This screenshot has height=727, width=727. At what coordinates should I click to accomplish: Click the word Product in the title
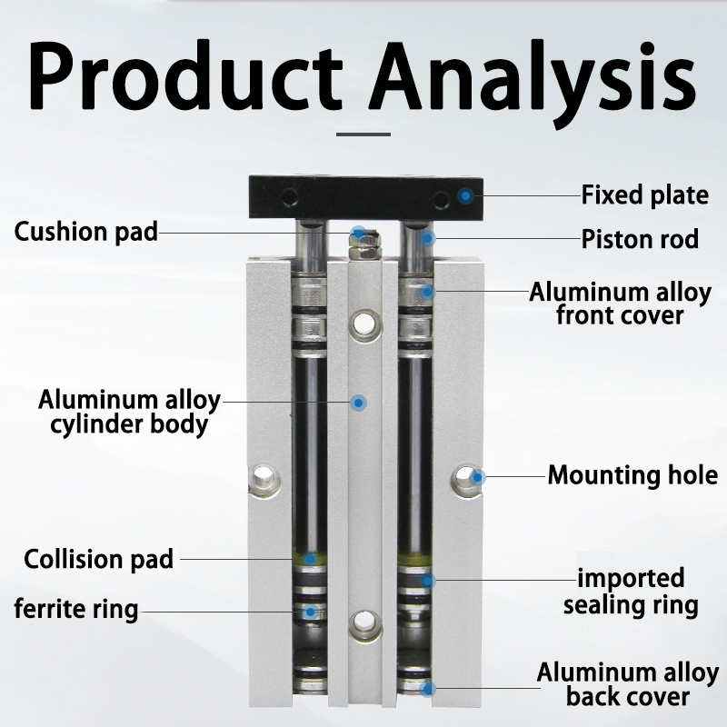tap(186, 75)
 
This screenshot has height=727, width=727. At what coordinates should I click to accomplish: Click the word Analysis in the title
tap(533, 84)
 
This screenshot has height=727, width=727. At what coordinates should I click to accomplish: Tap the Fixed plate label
tap(645, 194)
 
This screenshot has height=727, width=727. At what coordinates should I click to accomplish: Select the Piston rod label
tap(640, 239)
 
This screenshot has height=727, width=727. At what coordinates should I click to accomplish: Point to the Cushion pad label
tap(86, 232)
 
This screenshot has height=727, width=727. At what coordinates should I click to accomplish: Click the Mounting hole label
tap(632, 475)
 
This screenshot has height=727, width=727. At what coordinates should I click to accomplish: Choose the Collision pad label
tap(98, 559)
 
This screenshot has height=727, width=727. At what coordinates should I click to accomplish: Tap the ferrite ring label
tap(76, 609)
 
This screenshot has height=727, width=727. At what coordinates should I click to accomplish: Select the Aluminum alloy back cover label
tap(628, 685)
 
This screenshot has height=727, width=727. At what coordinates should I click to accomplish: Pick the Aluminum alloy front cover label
tap(620, 304)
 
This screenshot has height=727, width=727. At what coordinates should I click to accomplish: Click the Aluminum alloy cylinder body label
tap(129, 413)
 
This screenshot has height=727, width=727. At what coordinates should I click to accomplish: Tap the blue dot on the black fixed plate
tap(465, 195)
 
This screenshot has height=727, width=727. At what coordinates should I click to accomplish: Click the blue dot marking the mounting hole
tap(477, 476)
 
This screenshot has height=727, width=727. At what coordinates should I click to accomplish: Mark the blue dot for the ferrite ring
tap(310, 612)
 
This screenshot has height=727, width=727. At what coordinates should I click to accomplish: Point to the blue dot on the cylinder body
tap(358, 403)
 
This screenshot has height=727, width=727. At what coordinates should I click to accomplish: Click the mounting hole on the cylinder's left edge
tap(264, 478)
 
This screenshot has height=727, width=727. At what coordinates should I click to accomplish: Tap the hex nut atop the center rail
tap(364, 245)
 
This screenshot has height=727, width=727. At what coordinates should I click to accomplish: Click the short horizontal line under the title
tap(363, 134)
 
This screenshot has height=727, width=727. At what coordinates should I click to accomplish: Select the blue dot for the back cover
tap(427, 689)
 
